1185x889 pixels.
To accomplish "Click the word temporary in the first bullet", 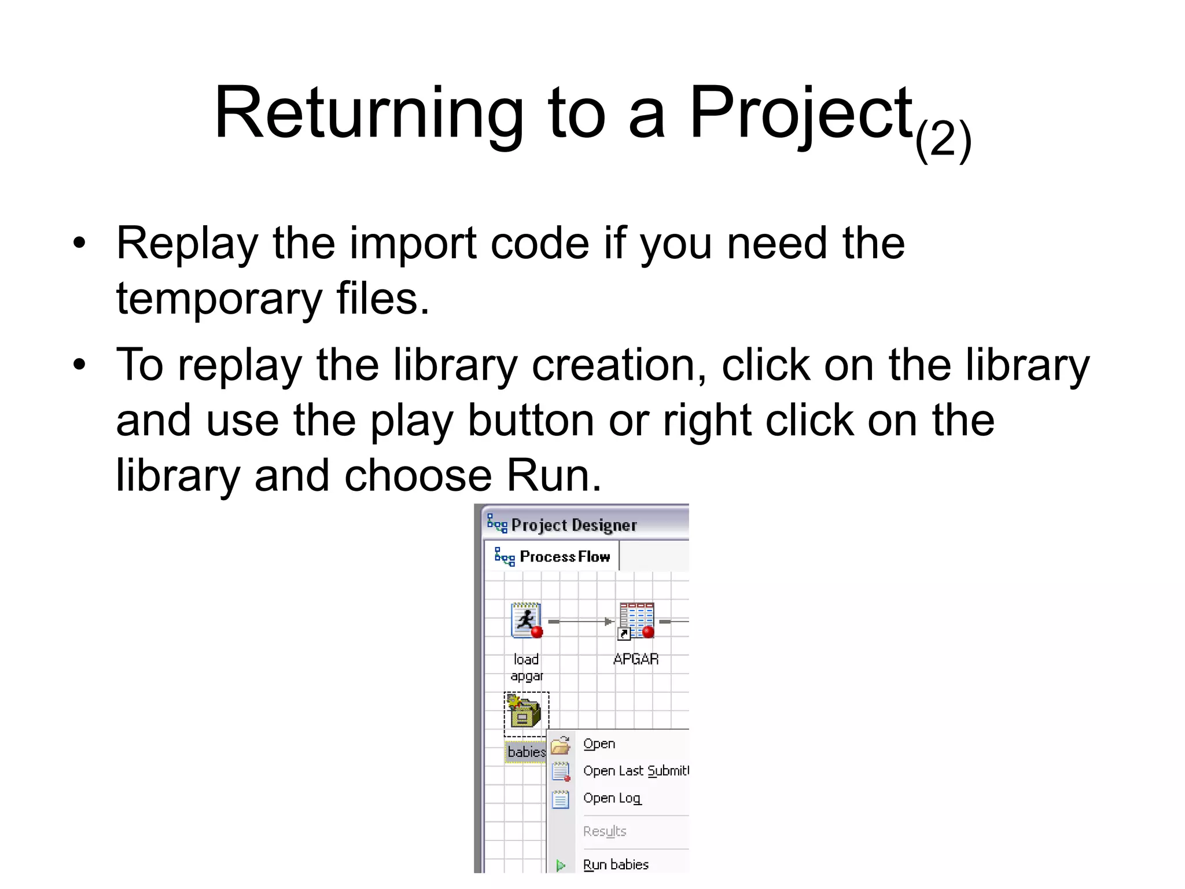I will (x=219, y=299).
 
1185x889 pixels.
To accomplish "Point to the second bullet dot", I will (x=79, y=365).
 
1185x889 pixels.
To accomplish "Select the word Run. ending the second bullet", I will (x=554, y=476).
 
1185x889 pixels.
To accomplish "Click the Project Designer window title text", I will (x=573, y=525).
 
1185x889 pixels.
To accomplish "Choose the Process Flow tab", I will (x=564, y=557).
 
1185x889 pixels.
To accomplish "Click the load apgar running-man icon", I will (x=527, y=620).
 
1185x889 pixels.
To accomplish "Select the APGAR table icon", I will (x=636, y=620).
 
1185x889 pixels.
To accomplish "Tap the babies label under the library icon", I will (x=526, y=752).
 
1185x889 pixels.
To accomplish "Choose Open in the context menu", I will (x=599, y=744).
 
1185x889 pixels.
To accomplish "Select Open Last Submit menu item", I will (x=635, y=771).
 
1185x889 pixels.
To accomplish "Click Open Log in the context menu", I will (x=612, y=798).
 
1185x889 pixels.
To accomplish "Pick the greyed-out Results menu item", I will (x=605, y=832).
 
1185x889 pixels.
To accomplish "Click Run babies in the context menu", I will (x=616, y=865).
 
